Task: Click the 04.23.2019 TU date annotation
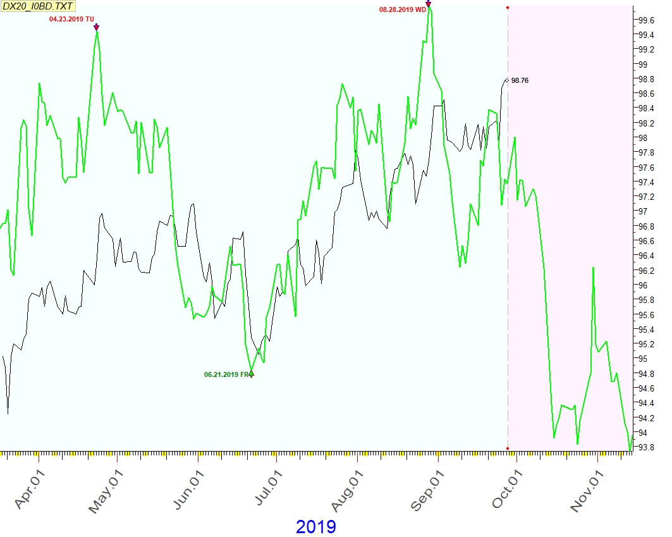71,20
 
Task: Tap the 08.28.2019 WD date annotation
403,10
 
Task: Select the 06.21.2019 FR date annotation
226,374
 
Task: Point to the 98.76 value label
520,80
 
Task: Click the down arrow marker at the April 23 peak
96,27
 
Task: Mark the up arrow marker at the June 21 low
252,374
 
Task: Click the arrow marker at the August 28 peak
429,4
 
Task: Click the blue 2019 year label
315,526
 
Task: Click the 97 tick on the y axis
642,211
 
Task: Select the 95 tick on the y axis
642,359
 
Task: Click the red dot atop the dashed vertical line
508,8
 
